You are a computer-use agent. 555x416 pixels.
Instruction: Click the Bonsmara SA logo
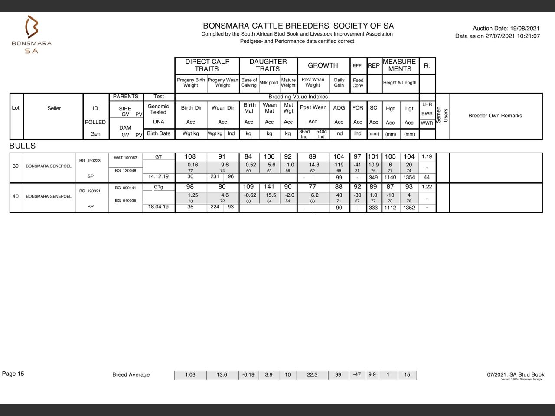click(x=32, y=35)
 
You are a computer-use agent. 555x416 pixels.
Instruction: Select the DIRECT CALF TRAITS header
click(x=207, y=65)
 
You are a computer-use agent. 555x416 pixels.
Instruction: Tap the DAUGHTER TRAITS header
click(x=268, y=65)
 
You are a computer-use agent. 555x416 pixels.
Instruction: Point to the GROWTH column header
click(x=323, y=65)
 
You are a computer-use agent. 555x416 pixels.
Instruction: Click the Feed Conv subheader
click(x=358, y=83)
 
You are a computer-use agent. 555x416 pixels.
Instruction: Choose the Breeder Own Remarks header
click(x=495, y=116)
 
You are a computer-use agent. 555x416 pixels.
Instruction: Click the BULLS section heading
click(x=23, y=146)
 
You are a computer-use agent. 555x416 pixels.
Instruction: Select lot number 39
click(x=16, y=166)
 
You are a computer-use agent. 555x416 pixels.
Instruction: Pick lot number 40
click(x=16, y=196)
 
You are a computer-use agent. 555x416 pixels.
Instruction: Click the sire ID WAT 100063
click(x=125, y=158)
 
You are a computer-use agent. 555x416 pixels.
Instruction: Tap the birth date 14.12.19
click(x=159, y=177)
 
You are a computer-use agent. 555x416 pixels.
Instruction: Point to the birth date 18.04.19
click(x=159, y=207)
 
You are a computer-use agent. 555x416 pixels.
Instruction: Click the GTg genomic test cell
click(x=159, y=187)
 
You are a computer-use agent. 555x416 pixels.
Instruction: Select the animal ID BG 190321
click(x=91, y=191)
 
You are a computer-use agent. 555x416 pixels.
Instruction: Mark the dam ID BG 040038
click(x=125, y=201)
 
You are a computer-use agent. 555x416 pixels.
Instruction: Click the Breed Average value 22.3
click(x=312, y=375)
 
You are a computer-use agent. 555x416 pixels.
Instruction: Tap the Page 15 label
click(x=13, y=374)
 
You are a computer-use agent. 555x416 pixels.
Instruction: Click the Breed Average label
click(x=131, y=375)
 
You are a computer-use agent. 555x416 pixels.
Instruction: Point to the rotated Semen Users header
click(x=442, y=115)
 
